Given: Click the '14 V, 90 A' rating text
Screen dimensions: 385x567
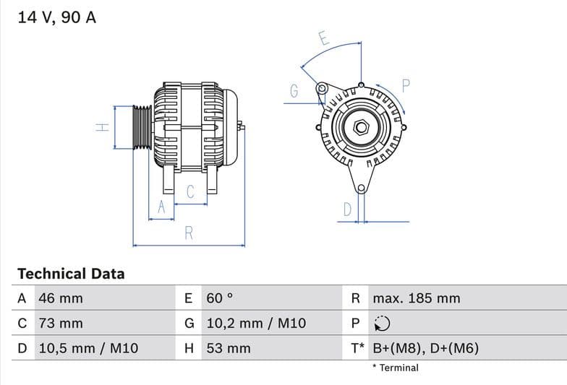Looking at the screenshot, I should [56, 17].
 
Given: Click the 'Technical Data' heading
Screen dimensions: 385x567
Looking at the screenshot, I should [71, 274].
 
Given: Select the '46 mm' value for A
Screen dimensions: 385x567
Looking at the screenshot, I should [61, 298].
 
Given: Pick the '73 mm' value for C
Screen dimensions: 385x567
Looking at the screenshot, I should [61, 324].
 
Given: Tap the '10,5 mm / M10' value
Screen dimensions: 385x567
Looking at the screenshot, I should [88, 348].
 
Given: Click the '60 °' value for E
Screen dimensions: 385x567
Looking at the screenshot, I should [220, 298].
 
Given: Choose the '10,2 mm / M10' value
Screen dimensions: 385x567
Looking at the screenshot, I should [256, 324].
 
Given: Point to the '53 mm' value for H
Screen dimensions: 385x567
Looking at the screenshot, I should [229, 348].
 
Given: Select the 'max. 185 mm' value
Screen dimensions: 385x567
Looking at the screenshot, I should [416, 298].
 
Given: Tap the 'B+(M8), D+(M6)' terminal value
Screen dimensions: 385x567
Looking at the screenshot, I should [425, 348].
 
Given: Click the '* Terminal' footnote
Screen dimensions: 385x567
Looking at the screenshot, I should [395, 368].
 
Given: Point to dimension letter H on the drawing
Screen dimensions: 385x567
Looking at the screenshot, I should [103, 127].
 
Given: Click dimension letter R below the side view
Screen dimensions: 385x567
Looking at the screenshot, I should [189, 233].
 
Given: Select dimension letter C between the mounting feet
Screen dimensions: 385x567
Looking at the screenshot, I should [190, 192].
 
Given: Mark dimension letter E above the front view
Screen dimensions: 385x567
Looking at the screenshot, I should [324, 39].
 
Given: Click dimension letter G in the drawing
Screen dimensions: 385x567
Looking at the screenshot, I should [294, 91].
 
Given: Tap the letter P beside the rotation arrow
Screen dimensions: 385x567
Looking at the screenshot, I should [406, 85].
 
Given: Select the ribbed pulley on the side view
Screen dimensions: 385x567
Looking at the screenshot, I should [142, 127].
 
